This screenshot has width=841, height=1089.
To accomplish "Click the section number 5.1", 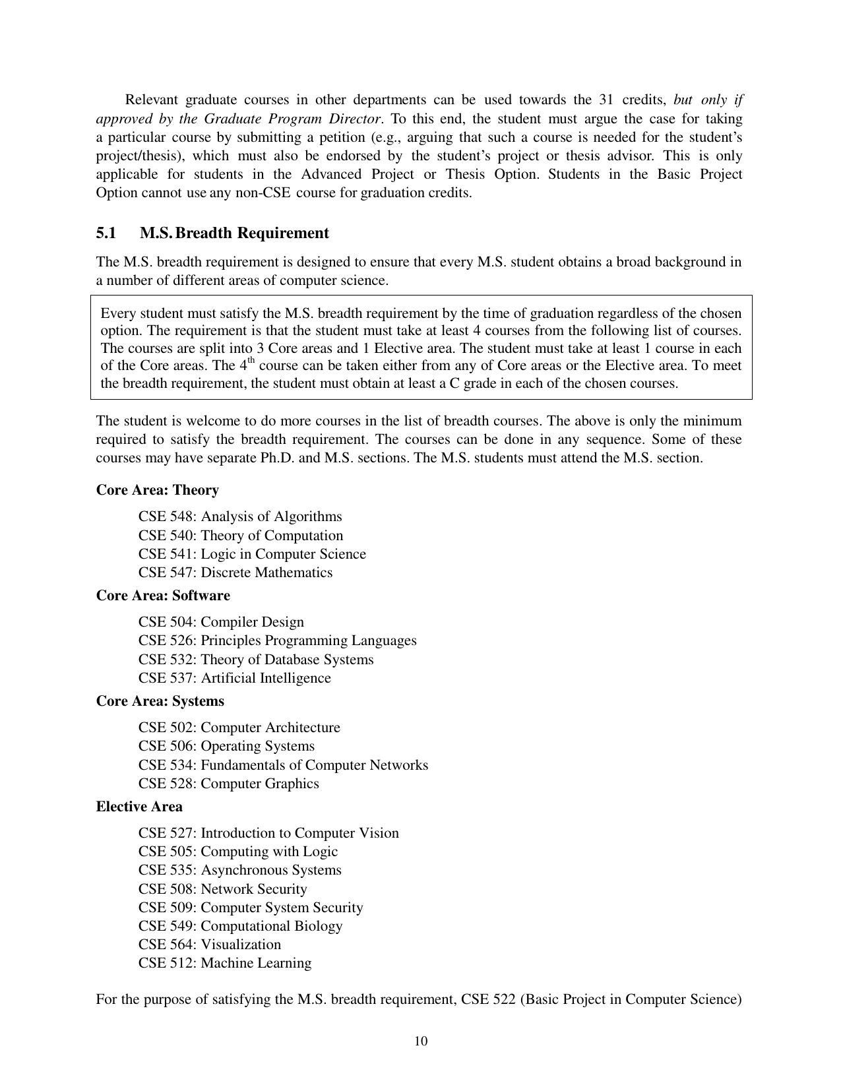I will click(106, 233).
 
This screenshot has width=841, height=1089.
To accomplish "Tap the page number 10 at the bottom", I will click(421, 1042).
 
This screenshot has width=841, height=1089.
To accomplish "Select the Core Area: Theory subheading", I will click(157, 490).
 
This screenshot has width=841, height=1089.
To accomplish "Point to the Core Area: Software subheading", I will click(163, 596).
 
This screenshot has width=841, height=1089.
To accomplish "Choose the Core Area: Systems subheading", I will click(160, 701).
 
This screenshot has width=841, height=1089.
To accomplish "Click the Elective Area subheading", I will click(139, 807).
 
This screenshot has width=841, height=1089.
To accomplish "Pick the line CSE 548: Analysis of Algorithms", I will click(240, 516).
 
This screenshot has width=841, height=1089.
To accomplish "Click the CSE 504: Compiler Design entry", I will click(221, 622).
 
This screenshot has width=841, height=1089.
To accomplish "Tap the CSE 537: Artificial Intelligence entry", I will click(234, 678).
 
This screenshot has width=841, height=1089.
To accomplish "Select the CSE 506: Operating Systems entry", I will click(226, 746).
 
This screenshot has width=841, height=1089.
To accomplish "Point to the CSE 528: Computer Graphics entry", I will click(228, 784).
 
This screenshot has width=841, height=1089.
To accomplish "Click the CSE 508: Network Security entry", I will click(222, 889).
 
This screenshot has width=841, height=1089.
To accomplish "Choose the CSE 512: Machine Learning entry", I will click(224, 963).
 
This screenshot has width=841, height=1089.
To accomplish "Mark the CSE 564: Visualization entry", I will click(209, 945).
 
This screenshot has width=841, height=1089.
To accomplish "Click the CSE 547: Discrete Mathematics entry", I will click(235, 573).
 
